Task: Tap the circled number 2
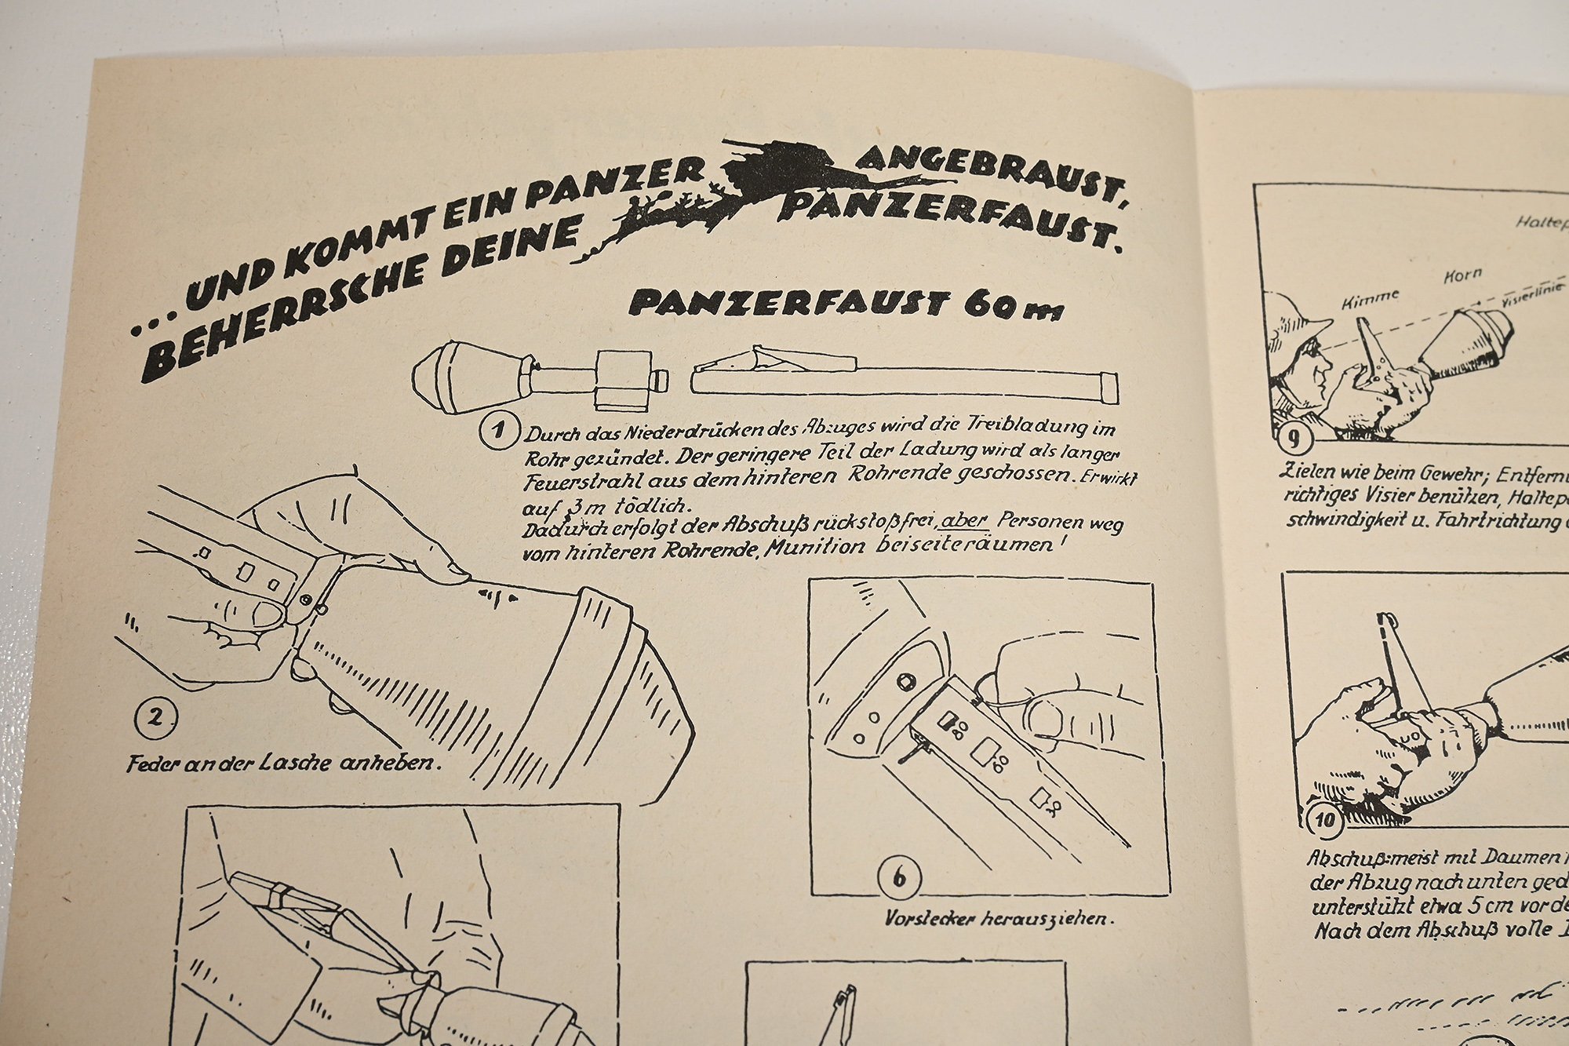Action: point(155,718)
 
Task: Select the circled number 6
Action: point(899,877)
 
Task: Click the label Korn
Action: point(1462,275)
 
